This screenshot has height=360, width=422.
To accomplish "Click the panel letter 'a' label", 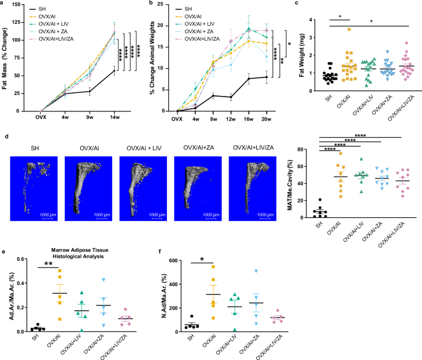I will coord(4,4).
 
